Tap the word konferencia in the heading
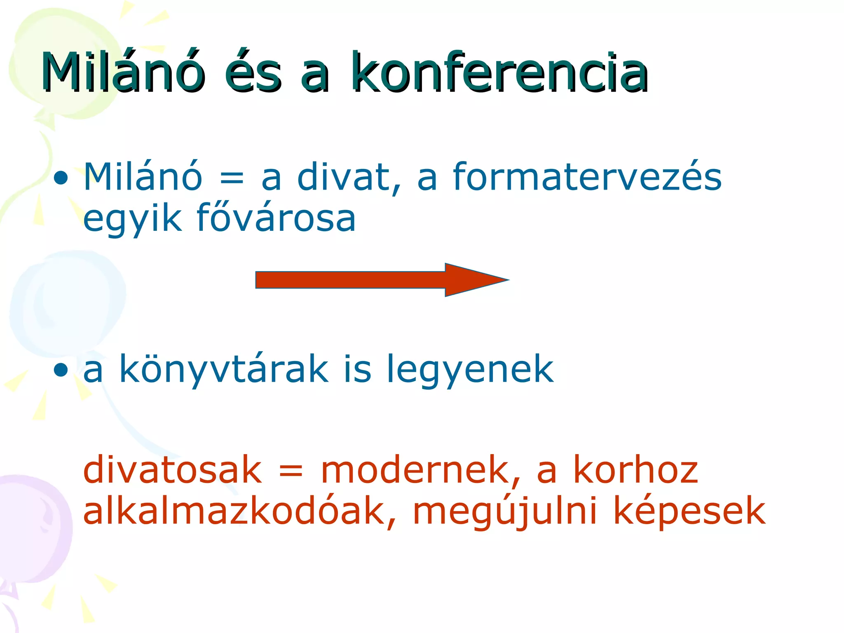point(500,73)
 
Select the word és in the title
point(253,73)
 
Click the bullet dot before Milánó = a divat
point(61,178)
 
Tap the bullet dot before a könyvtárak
point(61,370)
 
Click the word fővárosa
point(276,218)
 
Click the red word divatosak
point(172,470)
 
